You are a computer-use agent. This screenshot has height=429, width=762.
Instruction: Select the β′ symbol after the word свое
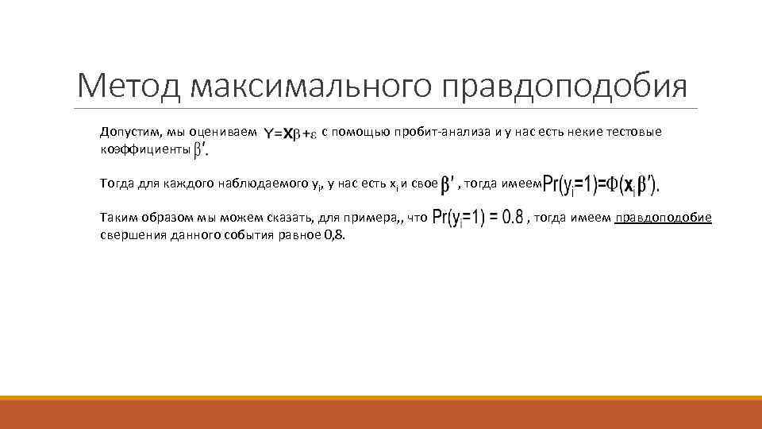[x=448, y=184]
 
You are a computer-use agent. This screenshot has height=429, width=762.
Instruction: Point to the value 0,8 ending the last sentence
[x=337, y=235]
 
